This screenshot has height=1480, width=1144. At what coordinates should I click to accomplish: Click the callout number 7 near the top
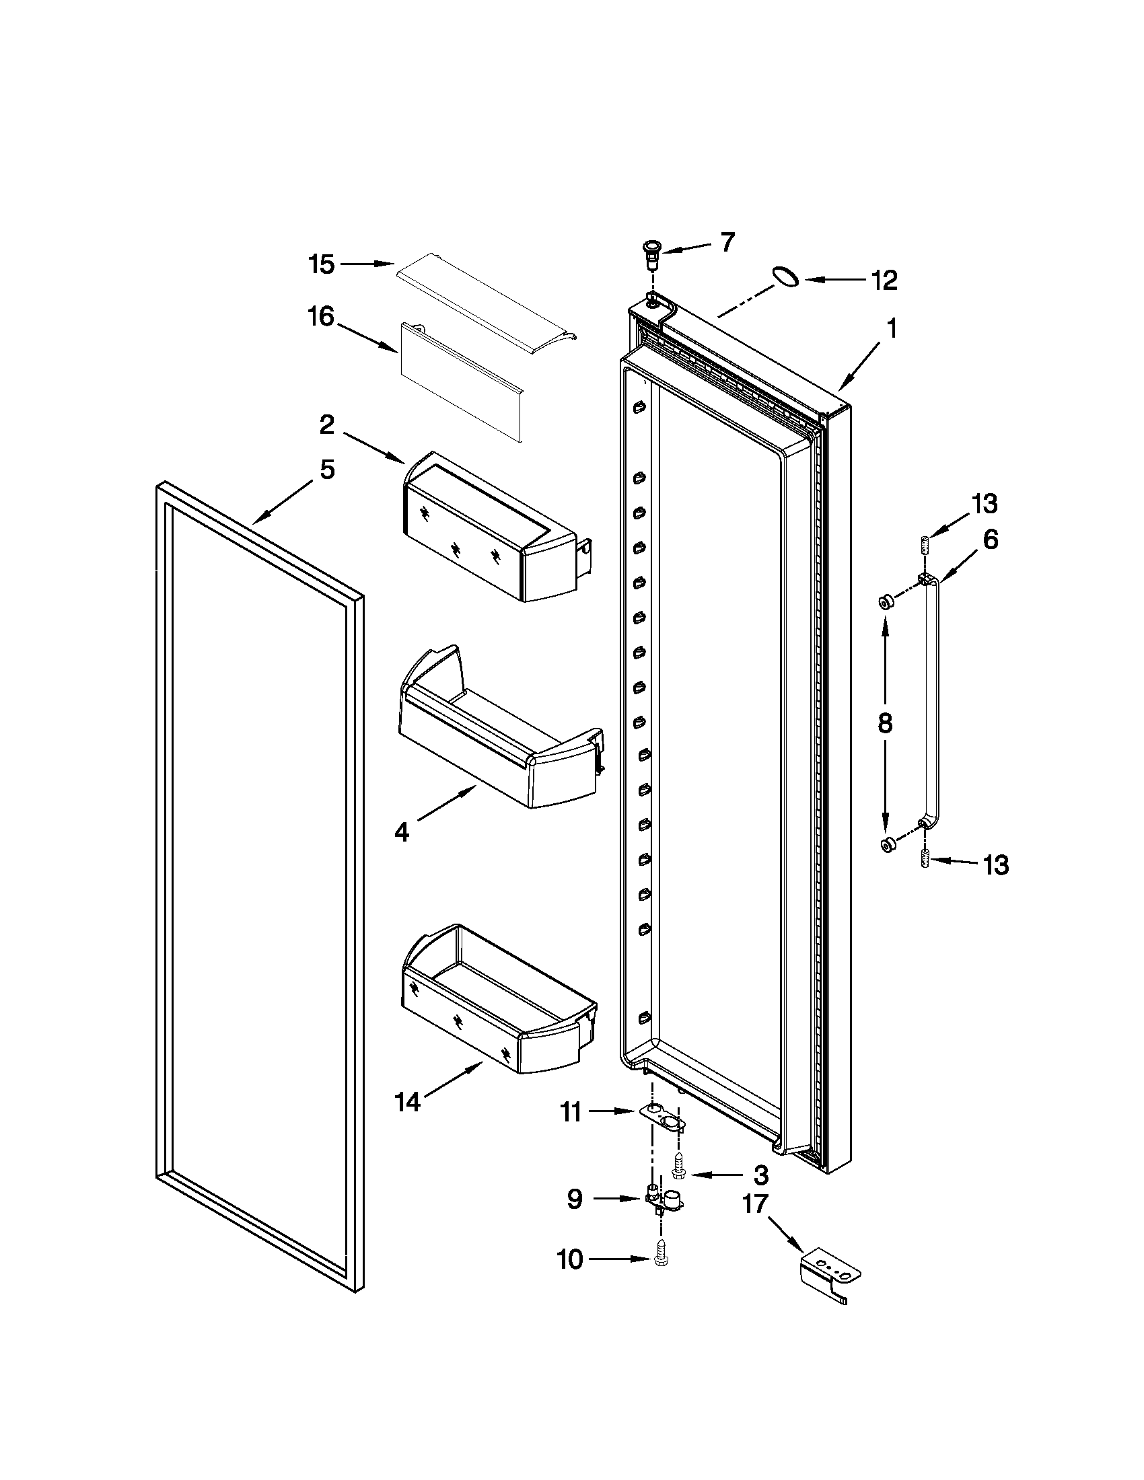tap(727, 242)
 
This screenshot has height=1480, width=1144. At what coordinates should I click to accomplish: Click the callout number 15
tap(321, 264)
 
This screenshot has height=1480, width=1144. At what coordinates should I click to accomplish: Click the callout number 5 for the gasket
tap(327, 469)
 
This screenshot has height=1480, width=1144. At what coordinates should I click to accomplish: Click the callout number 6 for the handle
tap(990, 540)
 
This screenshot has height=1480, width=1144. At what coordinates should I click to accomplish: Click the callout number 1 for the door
tap(892, 330)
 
